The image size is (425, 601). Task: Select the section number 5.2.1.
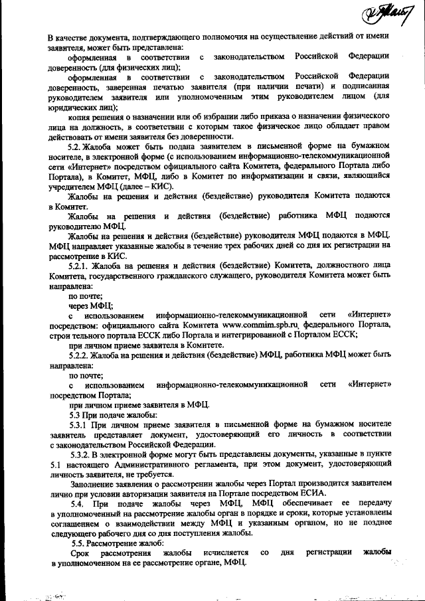click(x=81, y=266)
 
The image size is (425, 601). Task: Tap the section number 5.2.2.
click(x=81, y=356)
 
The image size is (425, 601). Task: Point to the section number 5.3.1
click(x=81, y=423)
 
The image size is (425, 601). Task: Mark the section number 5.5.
click(x=77, y=543)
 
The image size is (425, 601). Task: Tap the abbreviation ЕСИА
click(x=312, y=492)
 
